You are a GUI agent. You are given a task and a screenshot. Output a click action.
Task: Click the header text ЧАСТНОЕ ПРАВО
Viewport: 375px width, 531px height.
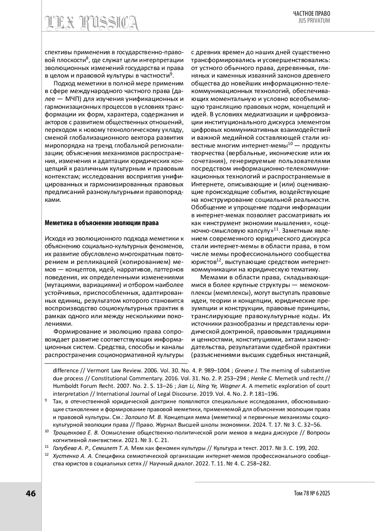[x=311, y=13]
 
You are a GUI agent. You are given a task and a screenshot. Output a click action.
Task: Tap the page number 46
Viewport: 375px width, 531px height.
[x=31, y=493]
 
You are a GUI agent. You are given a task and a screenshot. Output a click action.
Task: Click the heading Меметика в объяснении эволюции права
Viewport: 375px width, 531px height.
[x=102, y=223]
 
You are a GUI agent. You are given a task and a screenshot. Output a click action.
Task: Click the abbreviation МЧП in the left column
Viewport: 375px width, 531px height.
[x=74, y=99]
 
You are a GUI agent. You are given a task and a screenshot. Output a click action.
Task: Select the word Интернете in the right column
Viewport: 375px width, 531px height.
[x=205, y=184]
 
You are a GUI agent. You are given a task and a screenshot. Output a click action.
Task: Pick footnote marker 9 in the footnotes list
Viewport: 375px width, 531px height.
[x=46, y=401]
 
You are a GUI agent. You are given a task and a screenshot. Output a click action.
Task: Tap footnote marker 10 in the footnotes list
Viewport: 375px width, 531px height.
[x=47, y=431]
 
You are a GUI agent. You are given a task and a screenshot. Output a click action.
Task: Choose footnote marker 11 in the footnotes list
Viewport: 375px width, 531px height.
[x=47, y=447]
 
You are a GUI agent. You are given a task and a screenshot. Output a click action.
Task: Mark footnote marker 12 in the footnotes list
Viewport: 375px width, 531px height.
[x=47, y=455]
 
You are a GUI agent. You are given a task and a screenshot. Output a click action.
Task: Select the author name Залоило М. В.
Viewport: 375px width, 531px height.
[x=143, y=417]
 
